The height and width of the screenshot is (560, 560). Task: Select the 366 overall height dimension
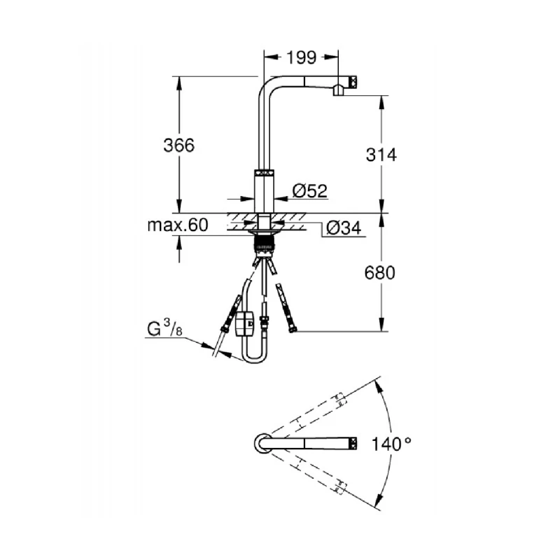point(178,146)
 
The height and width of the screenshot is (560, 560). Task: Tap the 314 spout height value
point(381,155)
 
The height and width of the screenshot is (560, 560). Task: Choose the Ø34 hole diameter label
point(344,227)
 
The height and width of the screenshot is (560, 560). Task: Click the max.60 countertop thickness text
point(178,225)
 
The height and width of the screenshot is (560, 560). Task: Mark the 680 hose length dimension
point(381,272)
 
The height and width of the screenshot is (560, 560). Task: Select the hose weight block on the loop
point(246,324)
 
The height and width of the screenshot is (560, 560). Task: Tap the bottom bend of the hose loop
point(255,358)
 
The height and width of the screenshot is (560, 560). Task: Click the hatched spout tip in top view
point(353,443)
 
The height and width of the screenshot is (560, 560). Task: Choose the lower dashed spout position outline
point(308,473)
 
